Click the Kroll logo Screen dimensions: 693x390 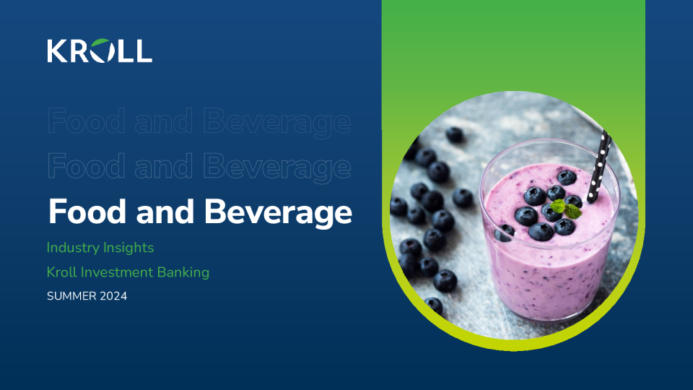[x=100, y=51]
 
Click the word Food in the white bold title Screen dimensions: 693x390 [x=87, y=212]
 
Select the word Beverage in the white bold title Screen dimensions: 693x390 [x=278, y=212]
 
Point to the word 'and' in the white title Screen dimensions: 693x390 [x=165, y=212]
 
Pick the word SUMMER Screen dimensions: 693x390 [x=71, y=296]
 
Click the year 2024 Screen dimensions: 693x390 [x=113, y=296]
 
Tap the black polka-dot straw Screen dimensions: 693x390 [x=599, y=166]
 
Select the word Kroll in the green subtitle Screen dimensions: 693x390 [x=61, y=272]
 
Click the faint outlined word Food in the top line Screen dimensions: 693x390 [x=86, y=121]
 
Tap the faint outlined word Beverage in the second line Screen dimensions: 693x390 [x=277, y=167]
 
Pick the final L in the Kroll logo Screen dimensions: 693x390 [x=143, y=51]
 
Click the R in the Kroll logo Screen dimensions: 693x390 [x=80, y=51]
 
